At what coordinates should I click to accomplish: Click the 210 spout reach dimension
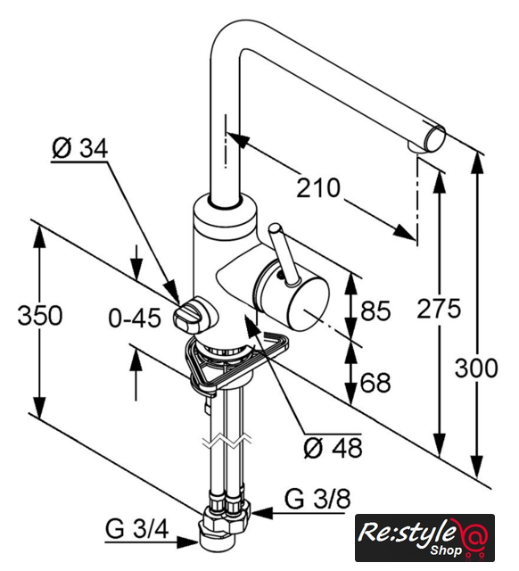point(318,188)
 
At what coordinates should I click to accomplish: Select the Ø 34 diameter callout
point(80,149)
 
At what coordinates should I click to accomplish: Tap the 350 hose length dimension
point(40,315)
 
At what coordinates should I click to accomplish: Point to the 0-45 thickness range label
point(135,318)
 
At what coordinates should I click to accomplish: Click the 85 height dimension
point(375,310)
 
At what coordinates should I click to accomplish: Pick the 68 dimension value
point(375,383)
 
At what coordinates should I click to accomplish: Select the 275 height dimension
point(439,308)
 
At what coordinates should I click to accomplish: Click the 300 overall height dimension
point(476,368)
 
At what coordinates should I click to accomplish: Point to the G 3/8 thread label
point(317,499)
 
